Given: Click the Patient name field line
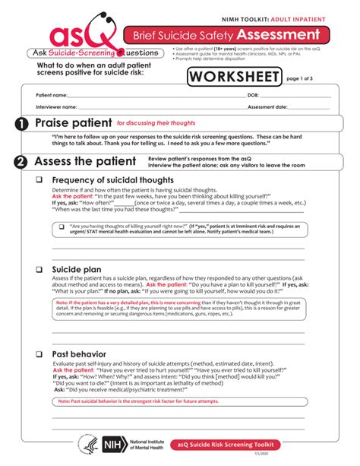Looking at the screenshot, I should tap(152, 96).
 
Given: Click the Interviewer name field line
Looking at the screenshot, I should tap(152, 108).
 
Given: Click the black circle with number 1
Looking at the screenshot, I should tap(21, 124).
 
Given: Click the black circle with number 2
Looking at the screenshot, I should tap(21, 162).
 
